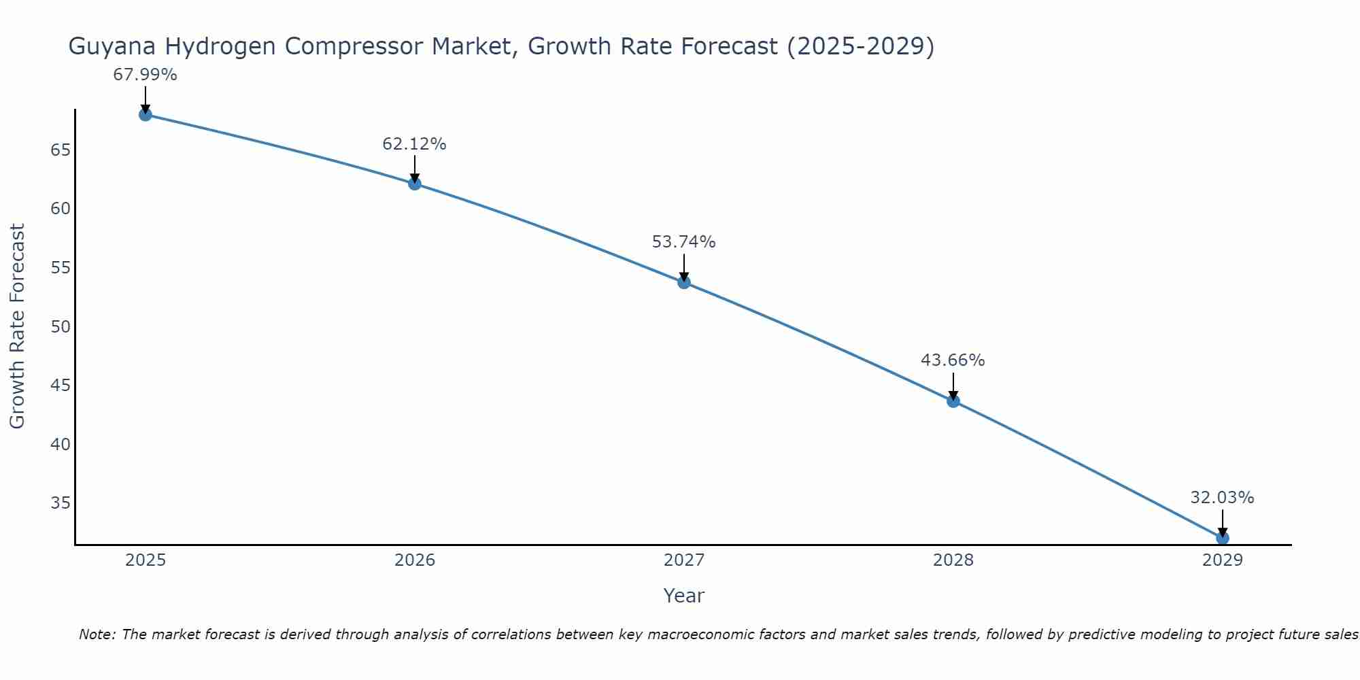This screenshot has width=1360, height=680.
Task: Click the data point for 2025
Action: [145, 114]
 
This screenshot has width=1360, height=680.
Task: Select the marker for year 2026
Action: [415, 184]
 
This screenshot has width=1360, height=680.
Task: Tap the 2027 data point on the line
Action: [684, 282]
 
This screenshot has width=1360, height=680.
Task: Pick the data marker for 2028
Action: [953, 401]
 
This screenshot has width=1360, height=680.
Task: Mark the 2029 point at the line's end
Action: [1222, 538]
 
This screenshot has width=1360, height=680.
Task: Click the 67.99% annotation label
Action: [145, 75]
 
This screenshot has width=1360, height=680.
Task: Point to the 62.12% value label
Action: [414, 144]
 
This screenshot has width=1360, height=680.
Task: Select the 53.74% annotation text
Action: [683, 242]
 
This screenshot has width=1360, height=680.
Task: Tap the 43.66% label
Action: [953, 360]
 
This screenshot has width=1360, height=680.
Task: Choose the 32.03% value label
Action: [1222, 498]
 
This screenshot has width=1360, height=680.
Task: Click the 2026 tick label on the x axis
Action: [415, 560]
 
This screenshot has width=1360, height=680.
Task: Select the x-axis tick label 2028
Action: [953, 560]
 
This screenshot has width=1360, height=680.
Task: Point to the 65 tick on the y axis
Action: [61, 150]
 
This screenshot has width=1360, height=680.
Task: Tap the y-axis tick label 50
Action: [61, 326]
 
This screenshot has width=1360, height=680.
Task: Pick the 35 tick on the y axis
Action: [61, 503]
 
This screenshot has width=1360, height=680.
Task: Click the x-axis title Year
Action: [683, 596]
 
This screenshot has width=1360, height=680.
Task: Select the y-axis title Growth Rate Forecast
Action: [17, 326]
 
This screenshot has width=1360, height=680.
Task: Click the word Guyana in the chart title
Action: [113, 47]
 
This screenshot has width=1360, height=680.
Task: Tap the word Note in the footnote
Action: [97, 634]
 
